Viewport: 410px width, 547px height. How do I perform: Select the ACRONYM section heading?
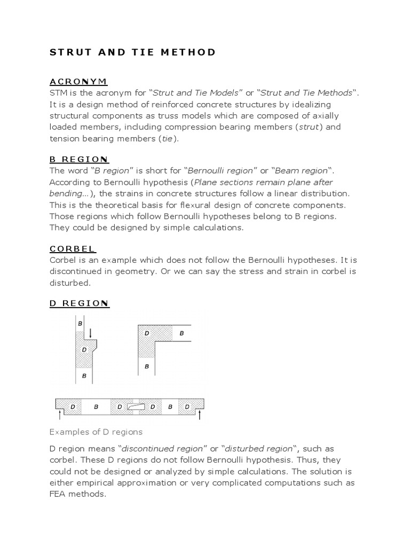[x=78, y=81]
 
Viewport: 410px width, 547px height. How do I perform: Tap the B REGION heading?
[x=79, y=159]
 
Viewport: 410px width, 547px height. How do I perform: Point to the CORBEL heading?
[x=73, y=248]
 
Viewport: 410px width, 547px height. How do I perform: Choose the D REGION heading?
[x=79, y=303]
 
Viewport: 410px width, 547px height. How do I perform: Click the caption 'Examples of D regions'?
[x=96, y=432]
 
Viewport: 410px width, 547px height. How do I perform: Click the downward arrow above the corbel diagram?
[x=90, y=333]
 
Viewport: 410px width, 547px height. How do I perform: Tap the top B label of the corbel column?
[x=80, y=323]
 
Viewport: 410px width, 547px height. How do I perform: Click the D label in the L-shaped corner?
[x=147, y=333]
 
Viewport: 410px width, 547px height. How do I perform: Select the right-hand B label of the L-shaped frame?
[x=182, y=333]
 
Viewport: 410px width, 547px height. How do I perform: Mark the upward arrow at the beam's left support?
[x=59, y=415]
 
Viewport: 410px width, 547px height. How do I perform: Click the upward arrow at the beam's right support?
[x=200, y=415]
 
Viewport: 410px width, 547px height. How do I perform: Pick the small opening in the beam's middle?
[x=136, y=406]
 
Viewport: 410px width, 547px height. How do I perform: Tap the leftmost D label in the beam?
[x=72, y=407]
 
